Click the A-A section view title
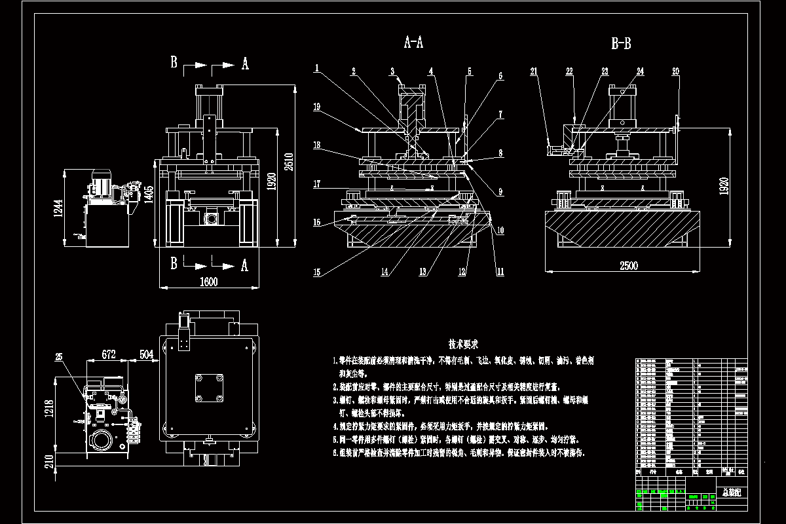tap(413, 43)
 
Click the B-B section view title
tap(621, 44)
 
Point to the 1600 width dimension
tap(208, 281)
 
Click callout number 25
tap(60, 357)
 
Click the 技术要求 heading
tap(463, 343)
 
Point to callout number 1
tap(316, 67)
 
